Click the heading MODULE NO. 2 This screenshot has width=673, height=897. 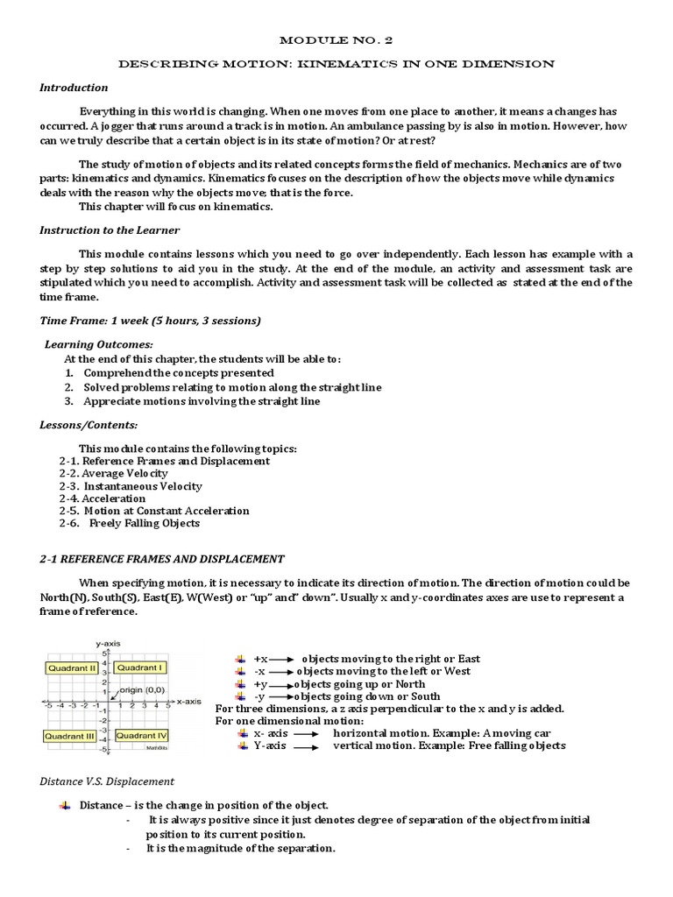(x=336, y=40)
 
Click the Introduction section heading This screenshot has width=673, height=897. (x=74, y=88)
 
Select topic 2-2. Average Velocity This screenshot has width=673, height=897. (x=113, y=473)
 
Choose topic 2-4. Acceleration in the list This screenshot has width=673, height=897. (x=103, y=498)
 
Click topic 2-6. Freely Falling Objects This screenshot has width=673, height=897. (x=130, y=523)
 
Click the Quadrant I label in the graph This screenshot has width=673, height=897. (x=139, y=667)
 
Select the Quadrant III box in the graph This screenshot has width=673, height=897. (x=70, y=736)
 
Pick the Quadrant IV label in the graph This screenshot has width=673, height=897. (x=141, y=736)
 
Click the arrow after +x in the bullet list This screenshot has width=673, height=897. (x=282, y=659)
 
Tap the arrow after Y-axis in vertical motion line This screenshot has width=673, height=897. (x=305, y=747)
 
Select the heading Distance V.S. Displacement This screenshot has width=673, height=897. (x=108, y=781)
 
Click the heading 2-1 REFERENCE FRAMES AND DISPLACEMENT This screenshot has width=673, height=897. (x=162, y=559)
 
